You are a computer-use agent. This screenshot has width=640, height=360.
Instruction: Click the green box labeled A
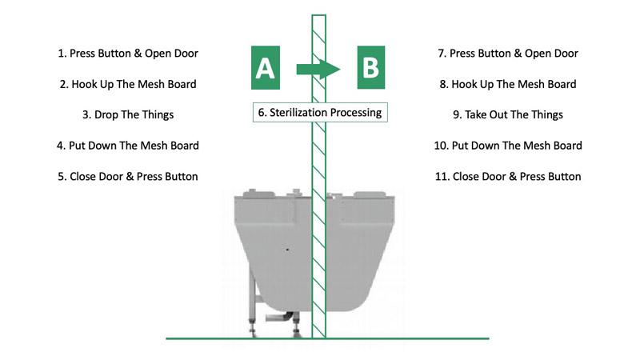coord(266,68)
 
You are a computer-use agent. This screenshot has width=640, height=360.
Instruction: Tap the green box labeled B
coord(371,67)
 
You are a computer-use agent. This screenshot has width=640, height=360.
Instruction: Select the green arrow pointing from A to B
coord(318,69)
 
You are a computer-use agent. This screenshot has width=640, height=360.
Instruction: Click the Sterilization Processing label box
coord(320,112)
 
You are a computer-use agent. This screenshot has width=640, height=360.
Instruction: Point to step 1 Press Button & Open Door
coord(128,54)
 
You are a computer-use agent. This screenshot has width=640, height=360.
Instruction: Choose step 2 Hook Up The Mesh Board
coord(128,85)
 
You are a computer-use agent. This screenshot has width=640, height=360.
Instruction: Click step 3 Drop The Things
coord(128,115)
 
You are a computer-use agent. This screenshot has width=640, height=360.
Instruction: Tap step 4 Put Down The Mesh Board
coord(128,146)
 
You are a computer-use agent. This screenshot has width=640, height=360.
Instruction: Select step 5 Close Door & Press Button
coord(128,177)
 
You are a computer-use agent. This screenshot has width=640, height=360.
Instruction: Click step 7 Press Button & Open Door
coord(508,54)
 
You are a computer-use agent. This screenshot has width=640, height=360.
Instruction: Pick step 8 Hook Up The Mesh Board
coord(508,85)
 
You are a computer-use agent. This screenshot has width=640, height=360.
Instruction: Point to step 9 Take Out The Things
coord(508,115)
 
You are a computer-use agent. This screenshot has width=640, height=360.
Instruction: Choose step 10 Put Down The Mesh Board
coord(508,146)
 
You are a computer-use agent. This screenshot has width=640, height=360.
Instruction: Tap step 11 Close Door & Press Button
coord(508,177)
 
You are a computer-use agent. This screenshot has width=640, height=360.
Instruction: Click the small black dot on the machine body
coord(287,250)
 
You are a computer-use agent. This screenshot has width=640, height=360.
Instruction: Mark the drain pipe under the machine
coord(279,317)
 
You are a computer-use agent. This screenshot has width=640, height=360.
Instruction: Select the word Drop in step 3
coord(106,115)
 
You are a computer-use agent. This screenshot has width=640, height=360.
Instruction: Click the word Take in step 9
coord(475,115)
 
